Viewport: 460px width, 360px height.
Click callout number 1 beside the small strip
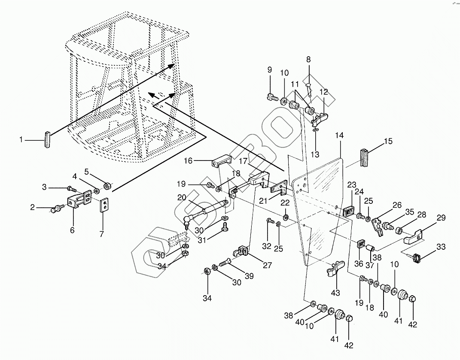click(x=21, y=139)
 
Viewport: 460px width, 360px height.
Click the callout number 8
click(x=308, y=59)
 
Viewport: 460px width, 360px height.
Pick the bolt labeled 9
click(x=271, y=97)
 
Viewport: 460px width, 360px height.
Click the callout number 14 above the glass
click(x=339, y=136)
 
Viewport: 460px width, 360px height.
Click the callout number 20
click(x=182, y=197)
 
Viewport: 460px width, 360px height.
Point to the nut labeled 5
click(x=107, y=188)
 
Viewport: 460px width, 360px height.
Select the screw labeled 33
click(x=417, y=258)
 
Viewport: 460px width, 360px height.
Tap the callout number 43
click(x=335, y=293)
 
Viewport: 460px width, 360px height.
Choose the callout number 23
click(x=352, y=185)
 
